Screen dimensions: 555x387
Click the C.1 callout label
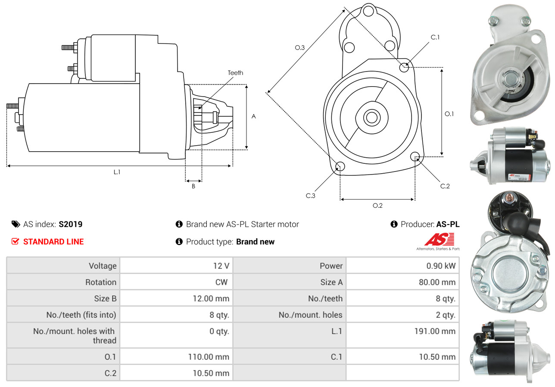[x=435, y=37]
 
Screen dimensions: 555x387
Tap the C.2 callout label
[x=445, y=186]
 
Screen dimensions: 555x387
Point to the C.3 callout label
[x=310, y=196]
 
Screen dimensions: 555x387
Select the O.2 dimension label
[x=377, y=206]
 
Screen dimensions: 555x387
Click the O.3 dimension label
[x=299, y=47]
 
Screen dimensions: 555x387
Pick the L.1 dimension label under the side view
[x=117, y=172]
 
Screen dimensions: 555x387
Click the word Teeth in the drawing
[x=235, y=73]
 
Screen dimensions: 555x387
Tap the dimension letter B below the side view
[x=193, y=186]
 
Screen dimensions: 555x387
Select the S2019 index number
[x=70, y=224]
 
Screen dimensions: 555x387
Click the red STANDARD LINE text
[x=53, y=242]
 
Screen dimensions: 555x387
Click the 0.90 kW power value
[x=441, y=266]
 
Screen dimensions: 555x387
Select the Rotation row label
[x=101, y=282]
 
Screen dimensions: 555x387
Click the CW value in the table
[x=221, y=282]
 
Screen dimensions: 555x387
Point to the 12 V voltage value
[x=221, y=266]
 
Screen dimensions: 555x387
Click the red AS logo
[x=439, y=239]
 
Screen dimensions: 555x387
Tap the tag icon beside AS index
[x=16, y=224]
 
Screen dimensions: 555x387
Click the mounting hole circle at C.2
[x=415, y=156]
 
